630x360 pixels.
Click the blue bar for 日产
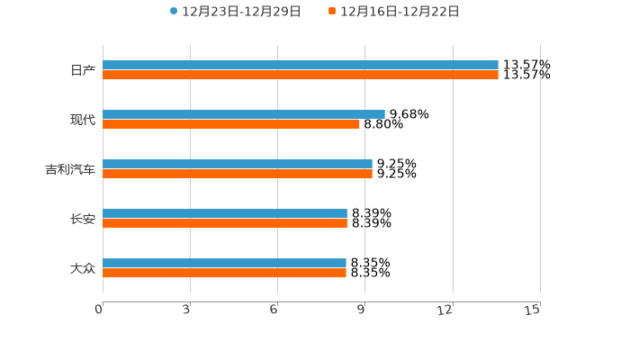pyautogui.click(x=301, y=65)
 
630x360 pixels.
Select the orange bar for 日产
pyautogui.click(x=301, y=75)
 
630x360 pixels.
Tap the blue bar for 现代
pyautogui.click(x=244, y=114)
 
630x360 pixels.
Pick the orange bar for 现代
pyautogui.click(x=231, y=124)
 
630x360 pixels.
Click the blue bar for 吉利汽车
pyautogui.click(x=238, y=164)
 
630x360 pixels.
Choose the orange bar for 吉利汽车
pyautogui.click(x=238, y=174)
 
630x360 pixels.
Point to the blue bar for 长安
pyautogui.click(x=225, y=213)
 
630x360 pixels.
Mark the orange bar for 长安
pyautogui.click(x=225, y=223)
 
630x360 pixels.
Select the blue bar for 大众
pyautogui.click(x=224, y=263)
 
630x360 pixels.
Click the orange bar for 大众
pyautogui.click(x=224, y=273)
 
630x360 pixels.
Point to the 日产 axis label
pyautogui.click(x=83, y=70)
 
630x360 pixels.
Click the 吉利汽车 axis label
pyautogui.click(x=70, y=169)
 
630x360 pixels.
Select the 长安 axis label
pyautogui.click(x=83, y=219)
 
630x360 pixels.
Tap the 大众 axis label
pyautogui.click(x=83, y=268)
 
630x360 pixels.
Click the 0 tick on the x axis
pyautogui.click(x=100, y=310)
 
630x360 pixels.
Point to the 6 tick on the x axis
pyautogui.click(x=274, y=310)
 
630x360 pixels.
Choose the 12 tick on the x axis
pyautogui.click(x=445, y=310)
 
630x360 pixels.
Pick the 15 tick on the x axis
pyautogui.click(x=533, y=310)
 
